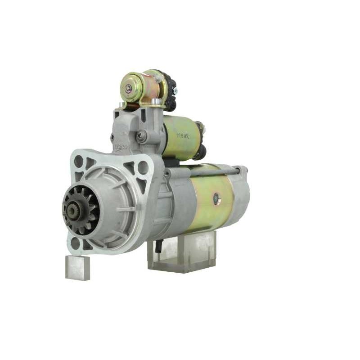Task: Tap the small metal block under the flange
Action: tap(77, 267)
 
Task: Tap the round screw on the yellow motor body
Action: tap(217, 198)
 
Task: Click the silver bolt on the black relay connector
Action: tap(175, 91)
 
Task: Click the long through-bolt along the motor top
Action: tap(211, 171)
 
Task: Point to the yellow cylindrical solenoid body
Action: tap(180, 137)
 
